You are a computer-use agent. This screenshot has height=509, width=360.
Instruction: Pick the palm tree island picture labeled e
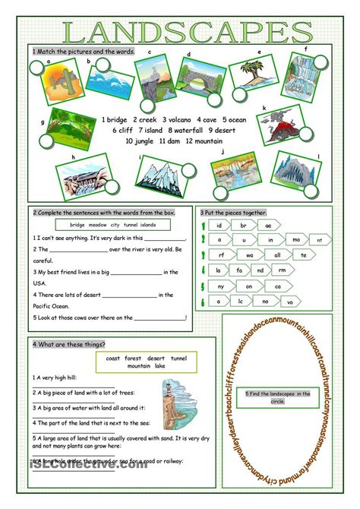tap(246, 74)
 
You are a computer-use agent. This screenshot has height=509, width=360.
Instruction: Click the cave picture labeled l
tap(297, 174)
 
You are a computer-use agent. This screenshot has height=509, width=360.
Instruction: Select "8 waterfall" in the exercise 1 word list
tap(179, 130)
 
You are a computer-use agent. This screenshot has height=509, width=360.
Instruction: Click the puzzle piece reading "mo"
tap(296, 239)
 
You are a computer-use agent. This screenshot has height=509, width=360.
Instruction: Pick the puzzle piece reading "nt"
tap(320, 241)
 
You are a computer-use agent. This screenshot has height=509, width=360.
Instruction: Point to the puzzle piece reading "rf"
tap(221, 255)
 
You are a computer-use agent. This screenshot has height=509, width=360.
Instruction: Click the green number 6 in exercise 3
tap(204, 302)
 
